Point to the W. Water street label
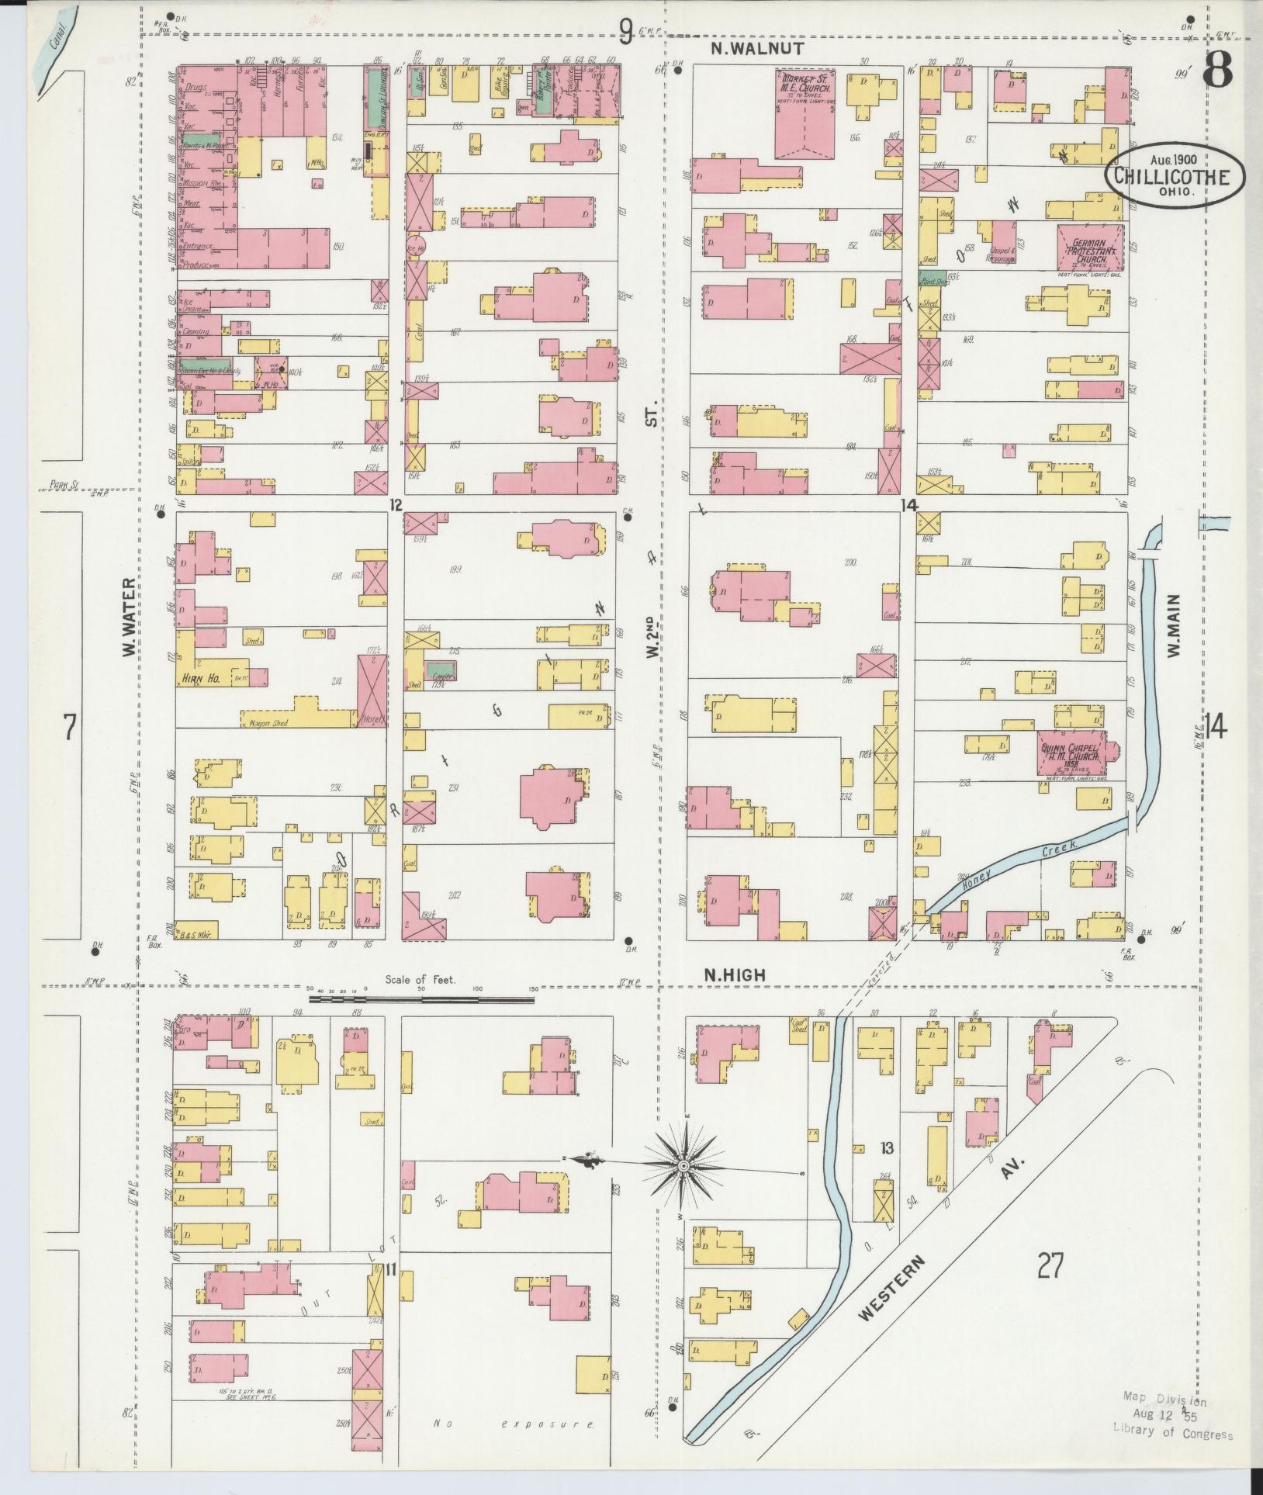tap(129, 617)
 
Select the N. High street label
tap(735, 975)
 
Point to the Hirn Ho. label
tap(201, 678)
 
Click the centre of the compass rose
tap(683, 1187)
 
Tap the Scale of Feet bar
tap(421, 999)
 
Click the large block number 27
tap(1049, 1267)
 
